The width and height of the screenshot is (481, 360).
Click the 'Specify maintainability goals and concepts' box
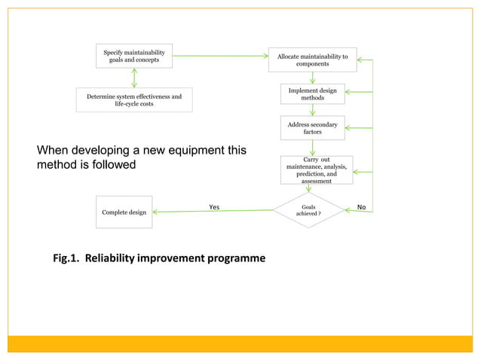point(134,56)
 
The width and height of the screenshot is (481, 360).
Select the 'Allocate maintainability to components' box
point(312,60)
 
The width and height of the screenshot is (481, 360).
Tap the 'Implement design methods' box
point(312,94)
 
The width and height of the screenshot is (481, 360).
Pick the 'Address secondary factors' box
point(312,128)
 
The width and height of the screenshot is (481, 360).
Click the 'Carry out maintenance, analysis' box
point(317,170)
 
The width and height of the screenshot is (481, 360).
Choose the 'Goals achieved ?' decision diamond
point(309,210)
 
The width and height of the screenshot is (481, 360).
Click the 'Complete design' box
point(124,212)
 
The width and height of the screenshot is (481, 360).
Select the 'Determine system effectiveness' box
point(134,100)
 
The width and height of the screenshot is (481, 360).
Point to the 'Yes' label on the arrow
point(214,206)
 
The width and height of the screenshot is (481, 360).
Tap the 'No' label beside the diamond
point(361,206)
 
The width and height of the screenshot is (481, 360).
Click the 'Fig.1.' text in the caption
point(66,258)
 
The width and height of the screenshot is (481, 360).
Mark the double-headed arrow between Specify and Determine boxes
point(134,78)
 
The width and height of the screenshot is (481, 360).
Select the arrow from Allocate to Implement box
point(312,78)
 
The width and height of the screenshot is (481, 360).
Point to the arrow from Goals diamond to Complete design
point(211,212)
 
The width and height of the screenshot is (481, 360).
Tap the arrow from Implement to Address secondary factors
point(312,110)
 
